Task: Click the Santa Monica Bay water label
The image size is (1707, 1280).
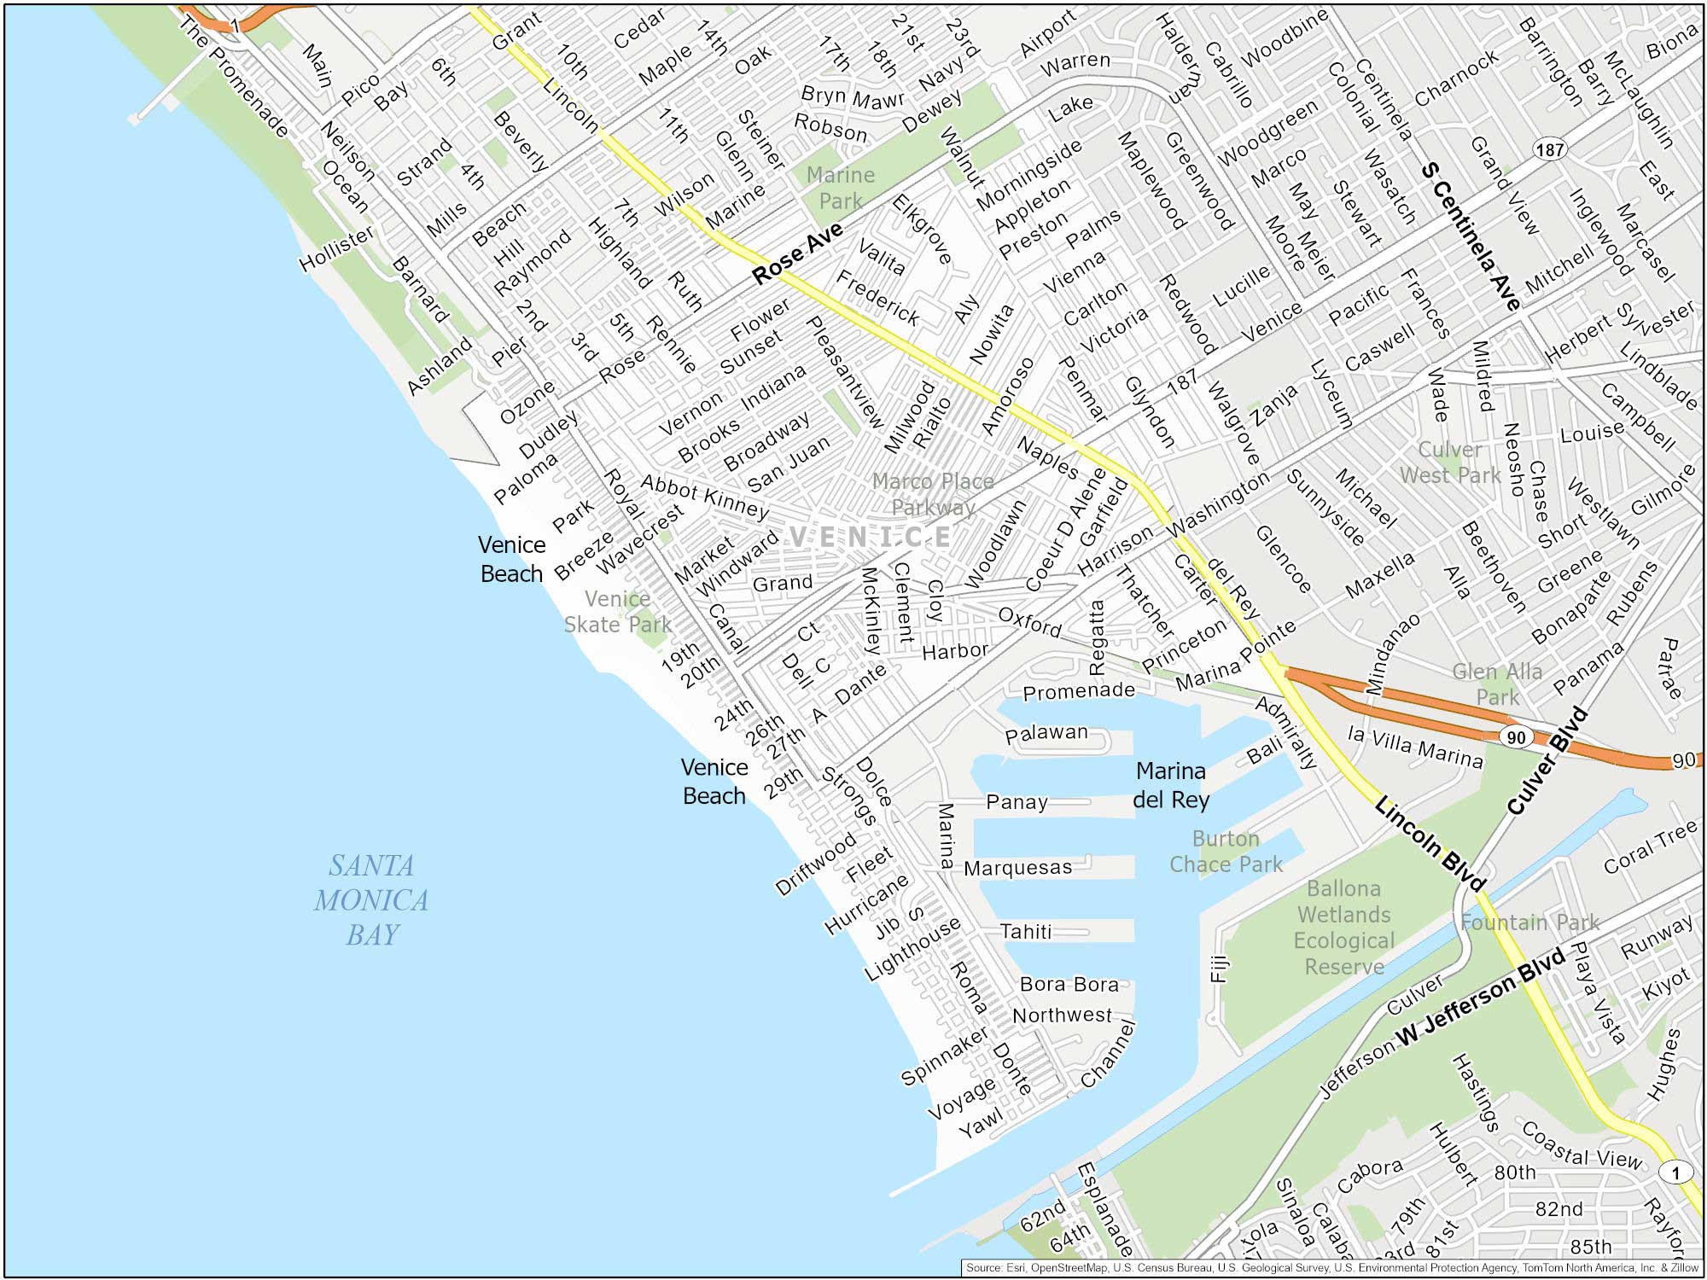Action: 371,900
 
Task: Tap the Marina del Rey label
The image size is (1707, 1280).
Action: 1171,785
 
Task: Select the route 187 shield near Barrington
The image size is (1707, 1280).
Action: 1549,150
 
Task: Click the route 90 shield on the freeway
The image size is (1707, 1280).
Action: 1515,737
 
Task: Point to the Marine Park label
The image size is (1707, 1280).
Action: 841,188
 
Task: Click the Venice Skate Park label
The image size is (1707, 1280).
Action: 617,612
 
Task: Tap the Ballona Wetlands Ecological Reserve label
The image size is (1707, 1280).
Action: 1343,928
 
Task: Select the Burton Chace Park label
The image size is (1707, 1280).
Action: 1226,852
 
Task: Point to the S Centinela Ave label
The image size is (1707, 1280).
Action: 1470,236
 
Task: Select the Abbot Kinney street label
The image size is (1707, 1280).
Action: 704,497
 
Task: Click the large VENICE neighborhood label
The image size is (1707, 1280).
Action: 869,537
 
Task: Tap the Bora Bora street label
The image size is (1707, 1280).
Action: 1069,984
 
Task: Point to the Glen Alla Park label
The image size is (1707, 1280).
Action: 1497,684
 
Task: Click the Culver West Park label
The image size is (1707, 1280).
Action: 1449,463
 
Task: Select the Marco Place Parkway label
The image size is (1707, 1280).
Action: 933,494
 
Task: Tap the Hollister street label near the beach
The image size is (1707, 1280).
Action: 336,248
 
